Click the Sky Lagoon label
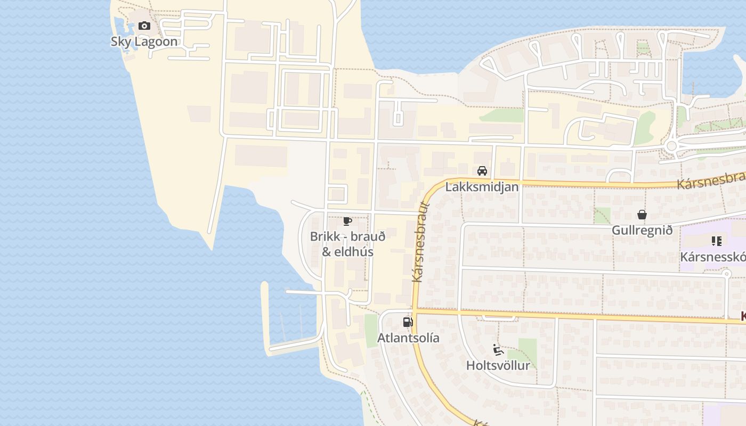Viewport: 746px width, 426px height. click(144, 42)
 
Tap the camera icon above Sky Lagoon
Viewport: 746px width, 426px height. click(144, 26)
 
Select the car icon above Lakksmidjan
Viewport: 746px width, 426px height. click(482, 171)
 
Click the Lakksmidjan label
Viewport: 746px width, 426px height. click(482, 187)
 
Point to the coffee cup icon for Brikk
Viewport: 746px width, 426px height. click(347, 221)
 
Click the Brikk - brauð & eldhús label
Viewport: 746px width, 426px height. click(347, 243)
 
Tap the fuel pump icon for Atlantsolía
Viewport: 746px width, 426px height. click(408, 322)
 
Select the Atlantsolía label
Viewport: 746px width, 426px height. click(408, 338)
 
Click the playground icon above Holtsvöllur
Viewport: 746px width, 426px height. click(497, 350)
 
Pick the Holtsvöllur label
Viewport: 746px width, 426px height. click(498, 365)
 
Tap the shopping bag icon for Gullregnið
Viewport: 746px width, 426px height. click(642, 215)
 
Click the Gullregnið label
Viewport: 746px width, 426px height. click(642, 231)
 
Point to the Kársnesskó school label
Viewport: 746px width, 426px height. click(712, 257)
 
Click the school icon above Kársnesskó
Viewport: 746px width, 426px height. click(717, 241)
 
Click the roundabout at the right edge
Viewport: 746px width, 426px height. click(671, 145)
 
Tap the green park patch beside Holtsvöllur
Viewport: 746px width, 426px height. click(527, 348)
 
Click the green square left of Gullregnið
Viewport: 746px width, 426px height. click(602, 215)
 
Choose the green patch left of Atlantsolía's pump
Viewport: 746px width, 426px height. click(371, 330)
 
